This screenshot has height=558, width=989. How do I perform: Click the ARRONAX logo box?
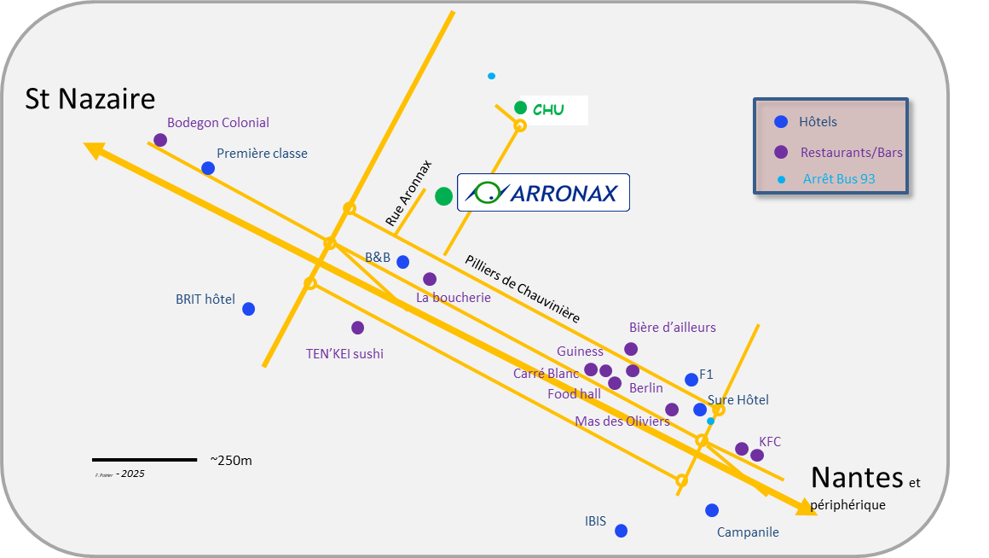pos(543,193)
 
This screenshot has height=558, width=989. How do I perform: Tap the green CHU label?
pos(548,110)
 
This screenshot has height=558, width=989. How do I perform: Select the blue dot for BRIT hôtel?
pos(248,309)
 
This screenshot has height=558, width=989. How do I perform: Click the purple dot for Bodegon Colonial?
pos(160,140)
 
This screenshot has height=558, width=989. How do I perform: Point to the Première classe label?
pos(262,154)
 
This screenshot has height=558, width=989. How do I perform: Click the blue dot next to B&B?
pos(402,262)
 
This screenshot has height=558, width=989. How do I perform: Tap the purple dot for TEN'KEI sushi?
pos(357,328)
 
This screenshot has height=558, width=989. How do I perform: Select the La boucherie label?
pos(454,298)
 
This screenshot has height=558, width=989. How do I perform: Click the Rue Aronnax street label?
pos(409,194)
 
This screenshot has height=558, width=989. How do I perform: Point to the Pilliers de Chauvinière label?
pos(523,288)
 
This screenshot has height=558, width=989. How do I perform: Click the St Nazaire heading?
pos(90,99)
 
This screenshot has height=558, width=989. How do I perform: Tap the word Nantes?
pos(856,476)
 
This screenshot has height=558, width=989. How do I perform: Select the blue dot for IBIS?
pos(621,531)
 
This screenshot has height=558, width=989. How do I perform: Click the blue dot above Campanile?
pos(712,510)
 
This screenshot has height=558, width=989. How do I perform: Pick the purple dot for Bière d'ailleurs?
pos(631,349)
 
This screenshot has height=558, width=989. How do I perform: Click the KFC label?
pos(770,441)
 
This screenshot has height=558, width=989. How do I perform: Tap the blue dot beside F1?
pos(691,380)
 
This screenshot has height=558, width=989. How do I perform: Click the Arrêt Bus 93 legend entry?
pos(839,179)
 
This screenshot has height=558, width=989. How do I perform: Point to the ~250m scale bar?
pos(144,460)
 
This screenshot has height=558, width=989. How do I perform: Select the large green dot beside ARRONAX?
pos(443,196)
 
